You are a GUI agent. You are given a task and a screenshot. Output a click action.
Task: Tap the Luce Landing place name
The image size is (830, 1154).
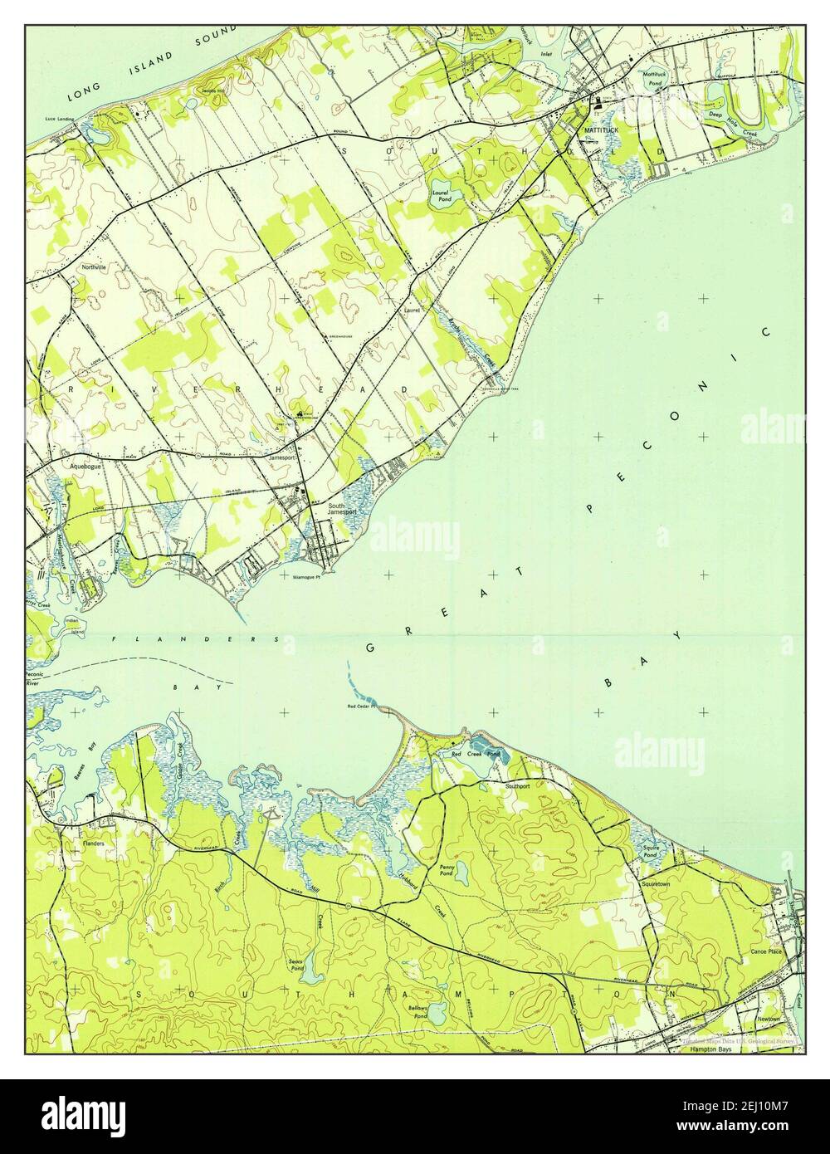tap(59, 119)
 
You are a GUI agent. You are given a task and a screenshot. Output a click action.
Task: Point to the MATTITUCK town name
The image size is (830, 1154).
tap(602, 131)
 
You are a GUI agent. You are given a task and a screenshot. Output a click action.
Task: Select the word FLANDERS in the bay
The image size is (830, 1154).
tap(196, 639)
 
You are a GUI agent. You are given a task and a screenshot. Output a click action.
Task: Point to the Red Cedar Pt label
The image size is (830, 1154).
tap(362, 707)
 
